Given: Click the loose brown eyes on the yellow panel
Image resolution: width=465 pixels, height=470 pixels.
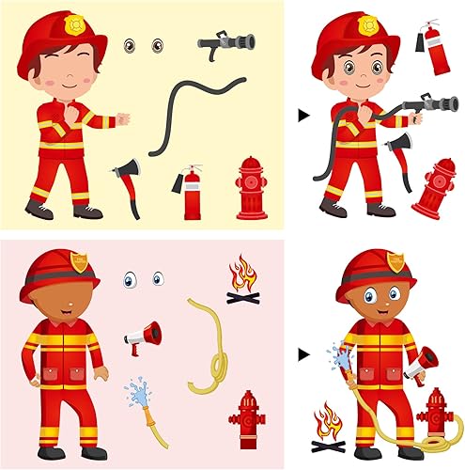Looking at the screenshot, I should pyautogui.click(x=142, y=44).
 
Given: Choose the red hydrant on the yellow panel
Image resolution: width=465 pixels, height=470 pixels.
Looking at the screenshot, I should pyautogui.click(x=251, y=188).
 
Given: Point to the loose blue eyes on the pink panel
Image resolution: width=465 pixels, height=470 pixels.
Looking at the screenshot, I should pyautogui.click(x=143, y=278).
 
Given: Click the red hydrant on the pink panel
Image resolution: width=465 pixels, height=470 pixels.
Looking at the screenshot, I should pyautogui.click(x=248, y=420).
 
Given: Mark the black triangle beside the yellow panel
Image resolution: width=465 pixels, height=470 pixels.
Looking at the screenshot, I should pyautogui.click(x=303, y=114).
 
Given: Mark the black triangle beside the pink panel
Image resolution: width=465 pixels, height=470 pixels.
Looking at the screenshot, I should pyautogui.click(x=303, y=355).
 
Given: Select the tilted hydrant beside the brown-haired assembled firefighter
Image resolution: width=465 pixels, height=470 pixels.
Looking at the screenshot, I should pyautogui.click(x=433, y=188).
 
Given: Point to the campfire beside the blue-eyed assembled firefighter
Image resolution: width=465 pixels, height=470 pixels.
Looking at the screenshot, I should pyautogui.click(x=328, y=423).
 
